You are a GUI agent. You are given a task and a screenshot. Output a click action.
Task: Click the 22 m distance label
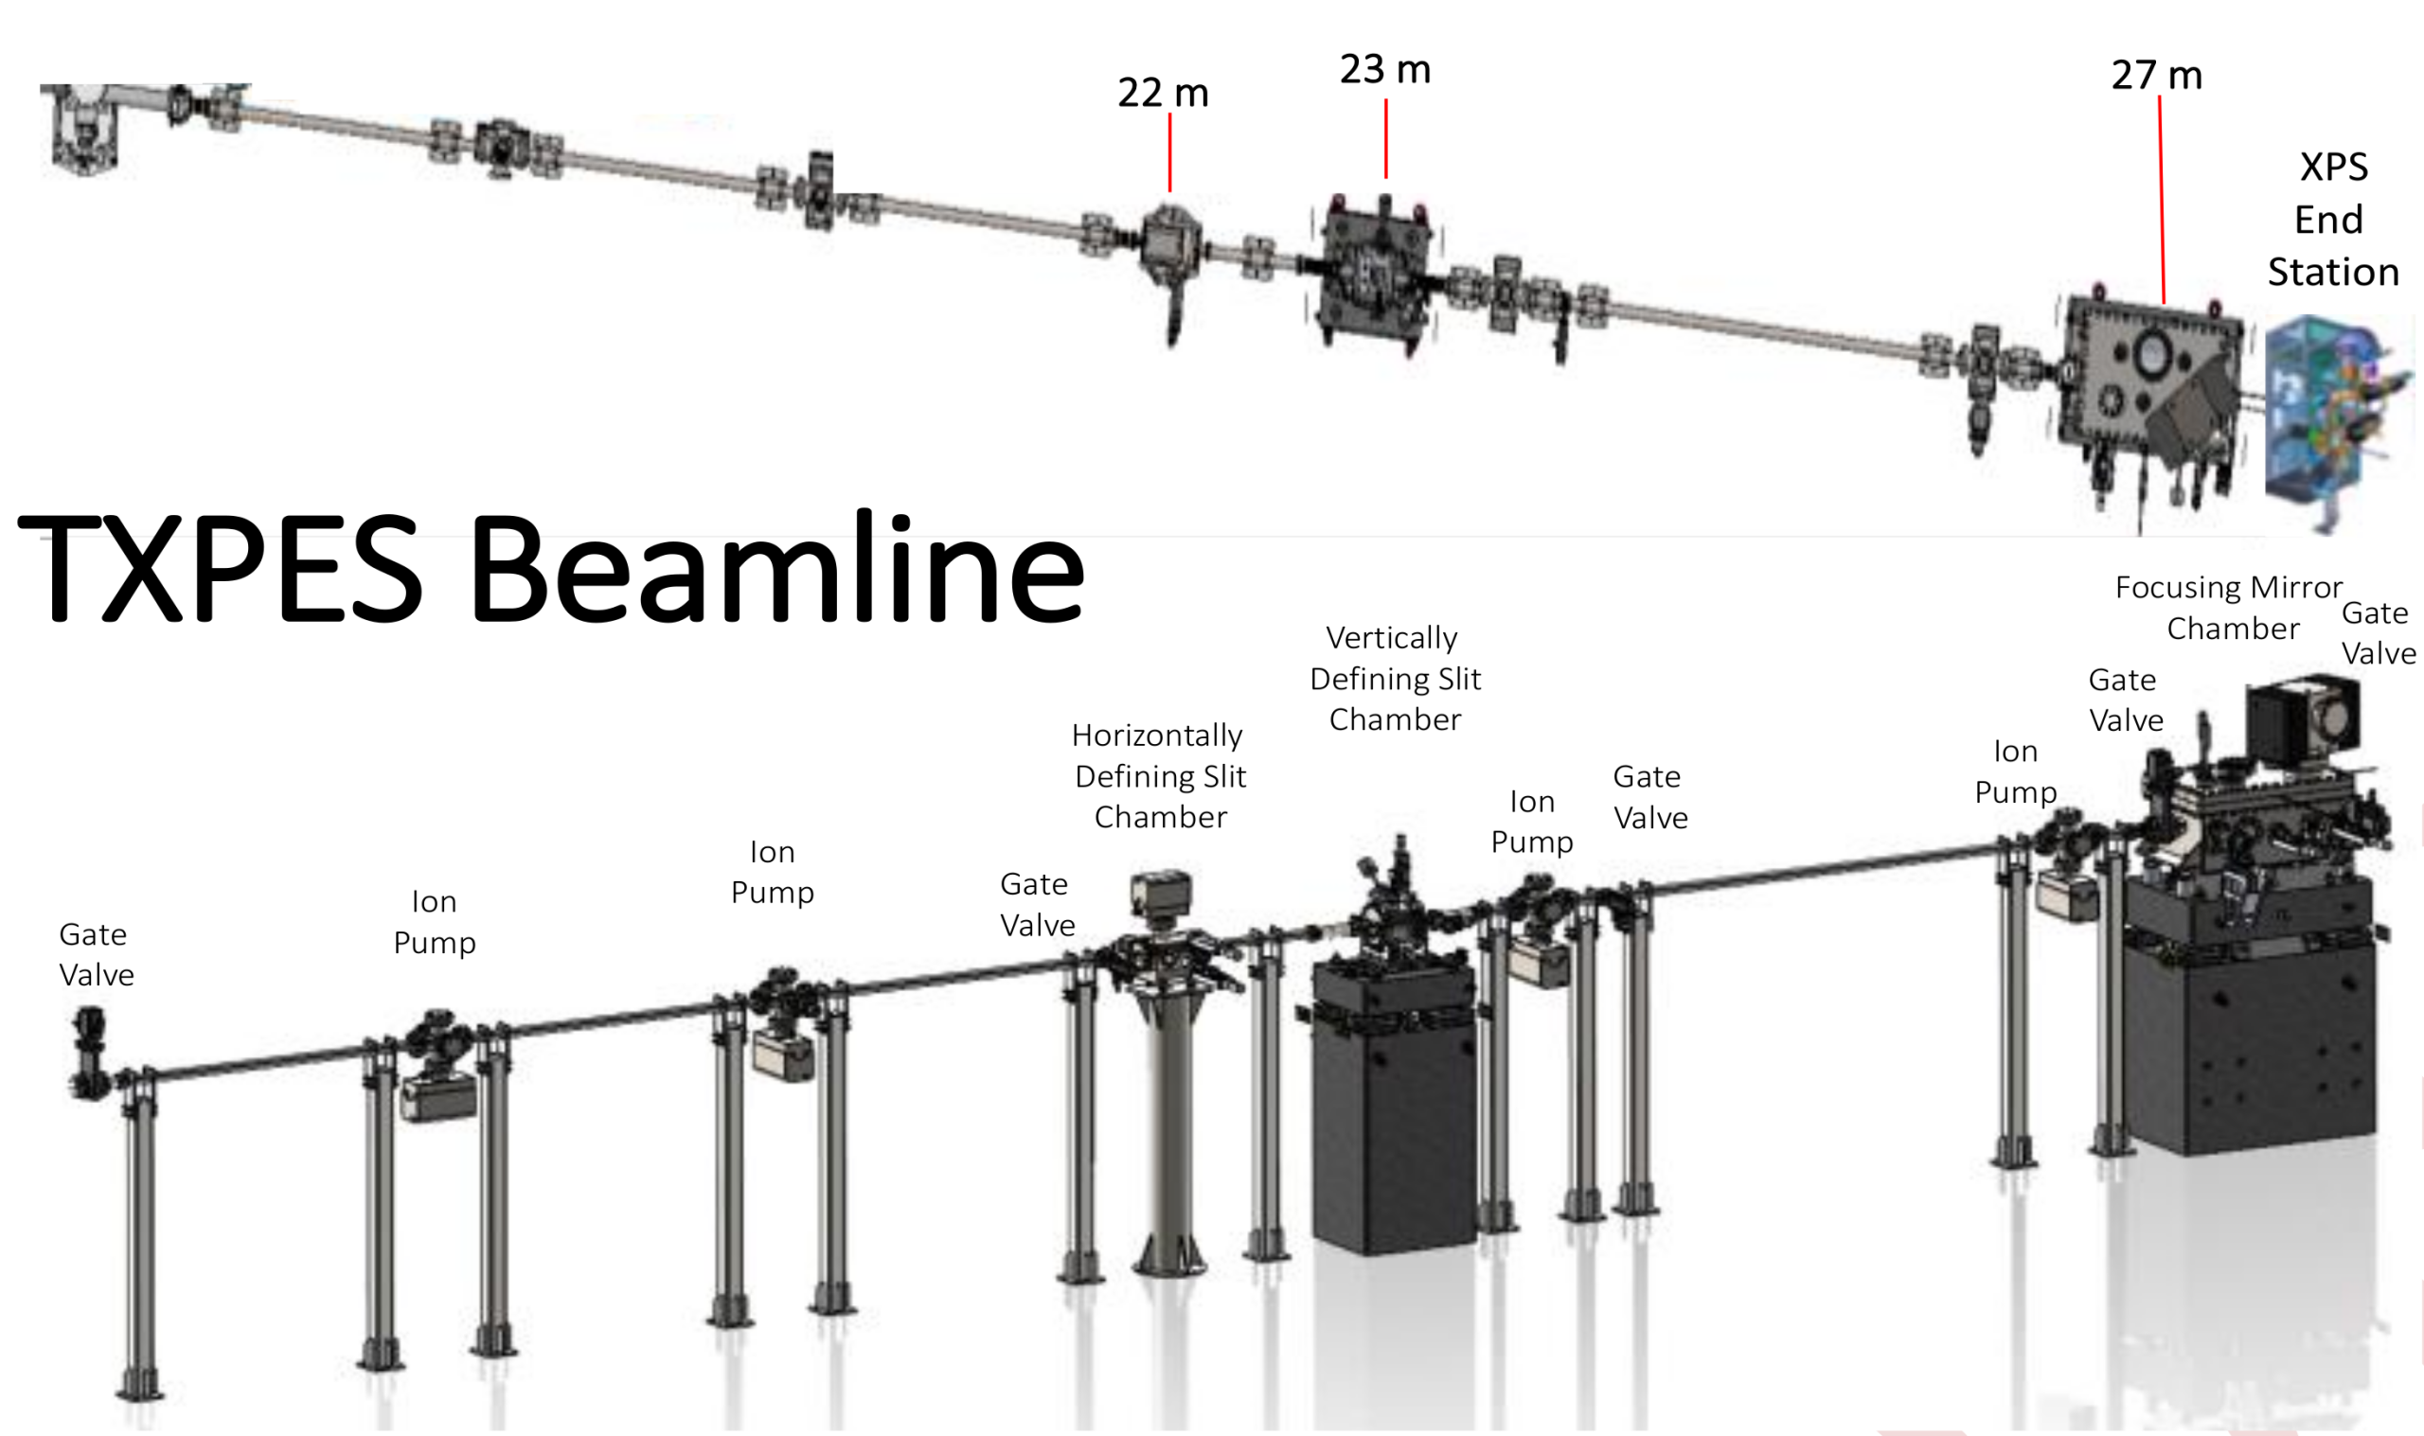[x=1162, y=93]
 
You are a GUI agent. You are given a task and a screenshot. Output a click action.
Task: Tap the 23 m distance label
[x=1384, y=70]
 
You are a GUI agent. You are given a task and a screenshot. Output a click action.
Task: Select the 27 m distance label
[x=2156, y=76]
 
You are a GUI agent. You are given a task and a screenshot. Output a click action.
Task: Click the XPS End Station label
[x=2332, y=220]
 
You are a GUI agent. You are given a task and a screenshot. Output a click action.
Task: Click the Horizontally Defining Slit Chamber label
[x=1159, y=776]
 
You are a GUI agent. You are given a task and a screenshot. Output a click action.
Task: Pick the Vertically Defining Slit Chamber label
[x=1395, y=679]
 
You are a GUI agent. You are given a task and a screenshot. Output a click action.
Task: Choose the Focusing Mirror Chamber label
[x=2229, y=608]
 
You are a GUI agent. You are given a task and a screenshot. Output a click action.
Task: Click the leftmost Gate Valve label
[x=95, y=954]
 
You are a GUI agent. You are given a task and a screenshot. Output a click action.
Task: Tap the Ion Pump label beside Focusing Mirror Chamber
[x=2015, y=771]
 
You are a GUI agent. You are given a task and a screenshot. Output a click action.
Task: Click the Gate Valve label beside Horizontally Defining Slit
[x=1037, y=905]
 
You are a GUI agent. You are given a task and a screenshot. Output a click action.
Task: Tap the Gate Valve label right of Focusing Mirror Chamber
[x=2378, y=633]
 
